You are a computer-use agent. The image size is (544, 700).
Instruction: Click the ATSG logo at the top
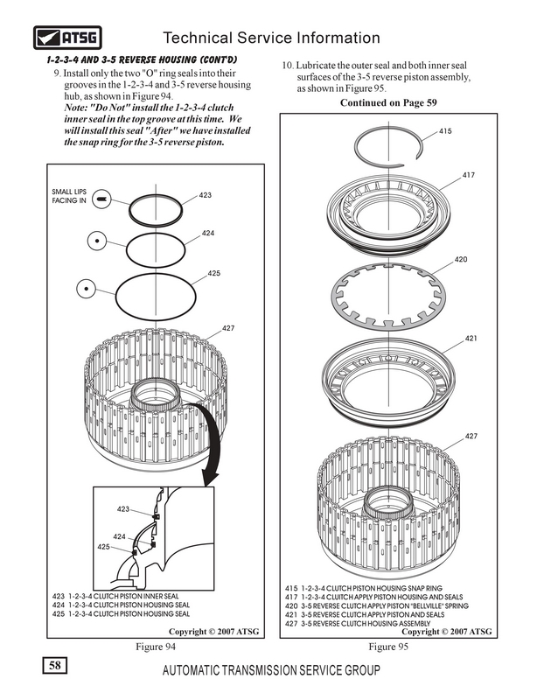coord(67,38)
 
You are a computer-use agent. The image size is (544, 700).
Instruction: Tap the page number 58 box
coord(55,666)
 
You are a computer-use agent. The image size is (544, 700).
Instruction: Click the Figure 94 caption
coord(156,647)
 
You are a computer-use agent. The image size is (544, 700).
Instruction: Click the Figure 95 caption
coord(388,647)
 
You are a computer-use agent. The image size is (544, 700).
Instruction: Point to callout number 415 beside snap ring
coord(445,131)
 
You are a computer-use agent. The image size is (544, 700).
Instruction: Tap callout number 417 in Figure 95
coord(468,175)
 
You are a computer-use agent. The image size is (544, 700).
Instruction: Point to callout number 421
coord(471,339)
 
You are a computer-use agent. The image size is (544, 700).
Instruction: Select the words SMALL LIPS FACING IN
coord(69,196)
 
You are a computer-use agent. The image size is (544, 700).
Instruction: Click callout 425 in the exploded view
coord(213,273)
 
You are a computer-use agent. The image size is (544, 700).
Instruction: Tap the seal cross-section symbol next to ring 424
coord(97,241)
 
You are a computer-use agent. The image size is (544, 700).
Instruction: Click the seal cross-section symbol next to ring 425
coord(86,289)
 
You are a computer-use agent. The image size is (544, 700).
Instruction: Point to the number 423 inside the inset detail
coord(123,509)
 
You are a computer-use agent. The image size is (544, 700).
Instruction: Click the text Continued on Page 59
coord(388,102)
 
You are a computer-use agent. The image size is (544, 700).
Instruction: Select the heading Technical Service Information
coord(271,38)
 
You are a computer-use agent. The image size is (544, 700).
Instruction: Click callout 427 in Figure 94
coord(228,328)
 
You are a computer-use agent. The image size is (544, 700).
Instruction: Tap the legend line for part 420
coord(377,605)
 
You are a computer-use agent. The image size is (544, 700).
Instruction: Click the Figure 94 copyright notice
coord(213,631)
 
